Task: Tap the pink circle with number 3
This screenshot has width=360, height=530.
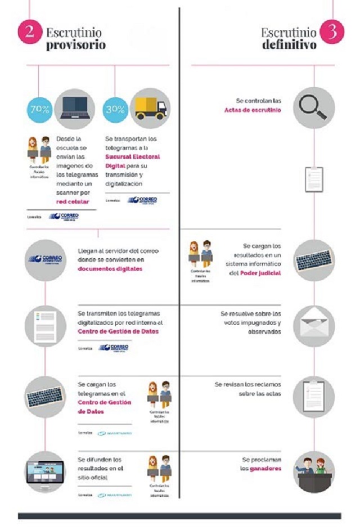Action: (x=332, y=32)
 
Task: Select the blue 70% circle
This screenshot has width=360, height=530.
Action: (x=39, y=110)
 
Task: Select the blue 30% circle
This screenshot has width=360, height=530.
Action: (x=115, y=110)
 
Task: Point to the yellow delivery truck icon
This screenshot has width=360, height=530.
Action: (x=150, y=109)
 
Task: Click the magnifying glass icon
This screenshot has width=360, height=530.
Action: (x=313, y=108)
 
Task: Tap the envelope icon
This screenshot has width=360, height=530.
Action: (x=314, y=326)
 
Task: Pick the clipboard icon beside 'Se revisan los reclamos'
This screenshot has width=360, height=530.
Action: (x=314, y=397)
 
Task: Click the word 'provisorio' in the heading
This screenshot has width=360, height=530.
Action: (x=76, y=45)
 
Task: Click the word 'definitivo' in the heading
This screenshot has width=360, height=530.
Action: (x=289, y=45)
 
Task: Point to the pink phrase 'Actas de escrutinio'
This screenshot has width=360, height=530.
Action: (x=253, y=110)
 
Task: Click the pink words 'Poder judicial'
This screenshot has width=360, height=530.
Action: (x=262, y=273)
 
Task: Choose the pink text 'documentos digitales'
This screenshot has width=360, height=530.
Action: (x=110, y=269)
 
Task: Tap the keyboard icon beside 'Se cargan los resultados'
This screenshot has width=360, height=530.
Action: (x=314, y=260)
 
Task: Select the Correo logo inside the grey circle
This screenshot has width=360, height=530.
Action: (x=46, y=259)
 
